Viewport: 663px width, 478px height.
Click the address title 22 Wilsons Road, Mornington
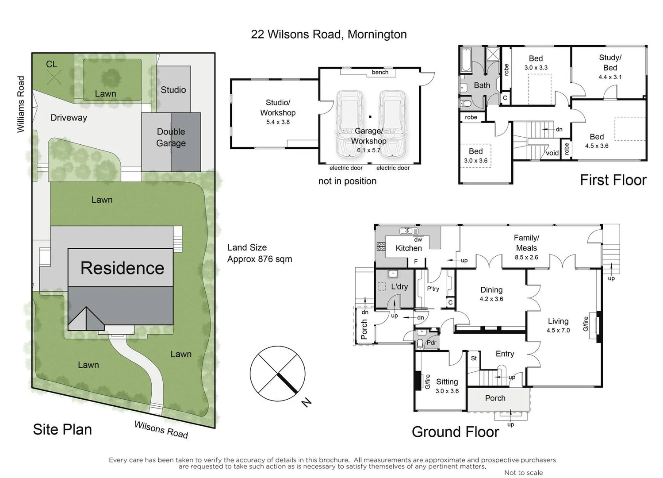click(x=329, y=35)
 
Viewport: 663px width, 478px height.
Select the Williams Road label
click(x=21, y=104)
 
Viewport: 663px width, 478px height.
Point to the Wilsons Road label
click(x=161, y=429)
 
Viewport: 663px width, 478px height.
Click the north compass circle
click(x=277, y=374)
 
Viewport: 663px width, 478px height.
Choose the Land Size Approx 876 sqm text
click(x=259, y=253)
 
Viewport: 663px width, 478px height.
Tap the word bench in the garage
click(x=380, y=72)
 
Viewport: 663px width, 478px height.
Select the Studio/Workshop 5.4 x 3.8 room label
click(x=278, y=112)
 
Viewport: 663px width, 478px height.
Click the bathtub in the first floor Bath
click(x=466, y=60)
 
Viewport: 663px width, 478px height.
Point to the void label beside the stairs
click(x=552, y=153)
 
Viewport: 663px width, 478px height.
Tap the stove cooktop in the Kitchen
click(x=380, y=247)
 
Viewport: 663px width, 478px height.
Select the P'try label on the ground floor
click(x=433, y=289)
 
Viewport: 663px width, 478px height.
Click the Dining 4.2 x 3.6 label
click(x=491, y=293)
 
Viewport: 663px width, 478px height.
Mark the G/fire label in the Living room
click(x=586, y=324)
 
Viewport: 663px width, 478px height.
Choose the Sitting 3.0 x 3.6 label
click(x=447, y=385)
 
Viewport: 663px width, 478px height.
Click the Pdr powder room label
click(x=431, y=343)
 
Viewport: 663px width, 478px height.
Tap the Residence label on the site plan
click(x=122, y=268)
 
